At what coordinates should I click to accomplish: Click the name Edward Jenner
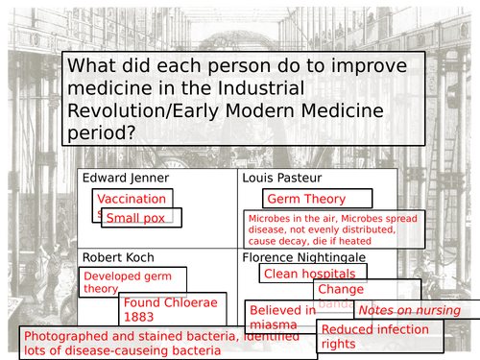[x=126, y=179]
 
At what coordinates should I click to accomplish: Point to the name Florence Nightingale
[x=309, y=257]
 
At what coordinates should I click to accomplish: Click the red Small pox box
[x=138, y=217]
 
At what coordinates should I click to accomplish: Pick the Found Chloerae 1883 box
[x=172, y=309]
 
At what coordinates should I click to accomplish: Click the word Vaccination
[x=132, y=199]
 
